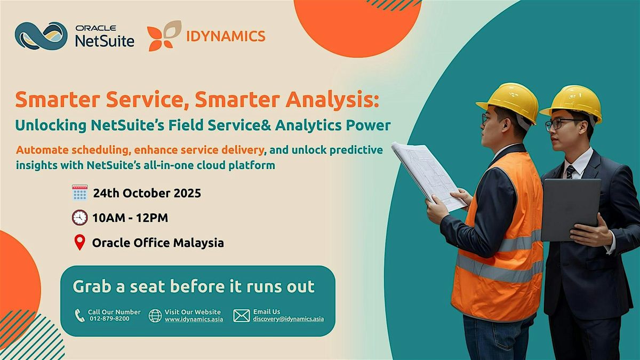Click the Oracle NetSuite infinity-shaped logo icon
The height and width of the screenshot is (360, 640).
tap(41, 36)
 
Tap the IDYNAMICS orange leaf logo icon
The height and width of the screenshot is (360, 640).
tap(164, 36)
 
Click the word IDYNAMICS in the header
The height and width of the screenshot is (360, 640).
tap(226, 36)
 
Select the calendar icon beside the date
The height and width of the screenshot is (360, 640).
tap(79, 193)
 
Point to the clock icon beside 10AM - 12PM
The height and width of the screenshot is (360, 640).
tap(79, 218)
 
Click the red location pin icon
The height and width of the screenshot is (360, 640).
tap(79, 243)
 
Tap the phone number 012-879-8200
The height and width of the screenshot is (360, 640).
tap(110, 318)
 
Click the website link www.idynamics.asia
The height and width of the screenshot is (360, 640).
tap(194, 319)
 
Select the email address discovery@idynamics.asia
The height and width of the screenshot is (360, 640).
tap(289, 319)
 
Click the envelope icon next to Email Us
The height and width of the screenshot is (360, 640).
tap(242, 316)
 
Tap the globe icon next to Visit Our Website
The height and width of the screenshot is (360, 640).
tap(155, 316)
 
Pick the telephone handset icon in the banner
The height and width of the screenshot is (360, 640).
tap(79, 315)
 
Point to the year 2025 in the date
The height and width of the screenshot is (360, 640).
tap(187, 193)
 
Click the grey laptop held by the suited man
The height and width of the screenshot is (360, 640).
tap(571, 210)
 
